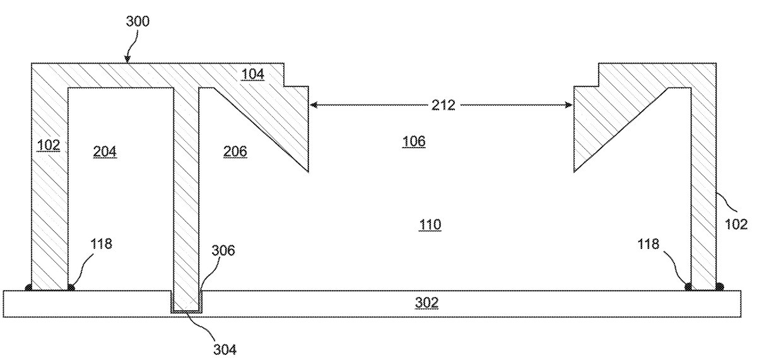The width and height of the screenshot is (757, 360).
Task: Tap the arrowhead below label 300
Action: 127,61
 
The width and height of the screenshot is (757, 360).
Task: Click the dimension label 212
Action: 443,105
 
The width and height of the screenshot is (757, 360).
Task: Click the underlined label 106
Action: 414,142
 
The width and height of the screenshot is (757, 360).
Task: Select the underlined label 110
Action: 429,224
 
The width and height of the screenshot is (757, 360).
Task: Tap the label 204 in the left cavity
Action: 105,151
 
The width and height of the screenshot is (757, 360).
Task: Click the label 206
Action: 235,151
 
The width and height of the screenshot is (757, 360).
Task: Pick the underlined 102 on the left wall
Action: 48,145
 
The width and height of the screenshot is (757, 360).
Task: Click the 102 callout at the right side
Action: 736,223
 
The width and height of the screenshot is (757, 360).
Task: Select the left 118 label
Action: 102,244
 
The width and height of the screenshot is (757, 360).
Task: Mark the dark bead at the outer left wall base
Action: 28,288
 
